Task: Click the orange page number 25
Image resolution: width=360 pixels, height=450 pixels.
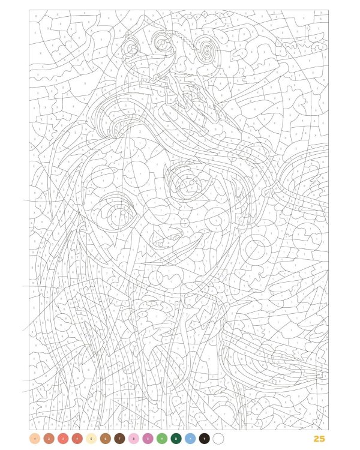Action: coord(319,439)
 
